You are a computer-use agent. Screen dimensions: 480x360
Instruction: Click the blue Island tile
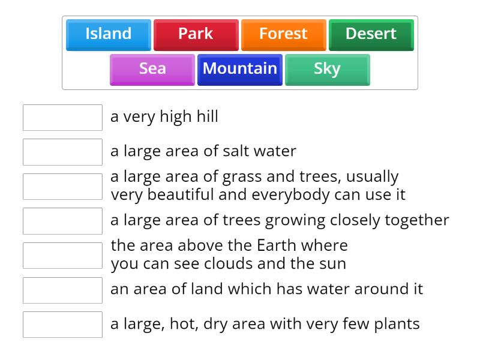point(109,35)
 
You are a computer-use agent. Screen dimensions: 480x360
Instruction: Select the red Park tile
point(196,35)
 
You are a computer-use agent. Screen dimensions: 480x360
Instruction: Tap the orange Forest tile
point(283,35)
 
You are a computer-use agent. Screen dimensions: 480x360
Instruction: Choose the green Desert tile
point(371,35)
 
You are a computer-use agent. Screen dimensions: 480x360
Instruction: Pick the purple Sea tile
point(152,70)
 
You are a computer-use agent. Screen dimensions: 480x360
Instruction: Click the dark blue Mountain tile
point(239,70)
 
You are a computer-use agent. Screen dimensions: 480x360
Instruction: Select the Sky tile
point(327,70)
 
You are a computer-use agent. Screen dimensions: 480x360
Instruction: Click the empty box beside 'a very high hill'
point(62,118)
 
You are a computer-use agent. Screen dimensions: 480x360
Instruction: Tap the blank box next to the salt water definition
point(62,152)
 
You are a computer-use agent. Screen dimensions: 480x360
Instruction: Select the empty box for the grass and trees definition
point(62,187)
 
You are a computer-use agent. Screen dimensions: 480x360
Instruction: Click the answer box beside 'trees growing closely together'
point(62,221)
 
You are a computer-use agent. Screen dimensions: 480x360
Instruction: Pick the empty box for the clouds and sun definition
point(62,256)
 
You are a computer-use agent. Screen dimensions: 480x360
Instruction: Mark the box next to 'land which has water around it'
point(62,290)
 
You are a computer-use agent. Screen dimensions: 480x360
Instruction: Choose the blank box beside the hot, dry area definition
point(62,325)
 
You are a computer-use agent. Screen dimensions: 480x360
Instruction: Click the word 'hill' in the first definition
point(207,116)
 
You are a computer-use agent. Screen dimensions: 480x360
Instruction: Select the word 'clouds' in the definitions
point(229,263)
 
